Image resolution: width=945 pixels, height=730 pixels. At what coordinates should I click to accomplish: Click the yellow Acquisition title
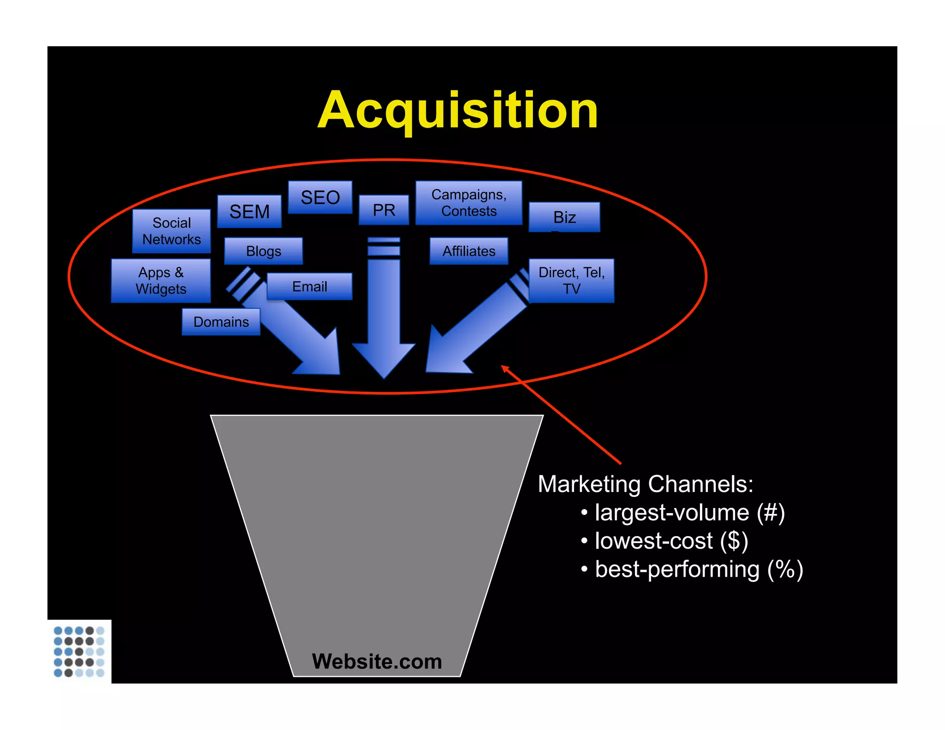pyautogui.click(x=458, y=111)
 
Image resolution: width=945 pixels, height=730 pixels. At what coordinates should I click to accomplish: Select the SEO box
pyautogui.click(x=320, y=197)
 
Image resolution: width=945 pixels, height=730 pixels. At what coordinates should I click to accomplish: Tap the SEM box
pyautogui.click(x=249, y=211)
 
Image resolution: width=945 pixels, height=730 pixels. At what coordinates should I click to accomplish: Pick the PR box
pyautogui.click(x=384, y=210)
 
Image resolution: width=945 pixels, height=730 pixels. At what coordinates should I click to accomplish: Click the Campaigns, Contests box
pyautogui.click(x=469, y=203)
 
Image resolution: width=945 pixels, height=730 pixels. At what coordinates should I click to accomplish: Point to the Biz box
pyautogui.click(x=564, y=217)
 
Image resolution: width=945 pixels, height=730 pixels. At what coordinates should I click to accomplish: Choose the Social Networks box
pyautogui.click(x=172, y=231)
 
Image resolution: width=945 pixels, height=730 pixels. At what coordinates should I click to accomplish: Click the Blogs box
pyautogui.click(x=263, y=251)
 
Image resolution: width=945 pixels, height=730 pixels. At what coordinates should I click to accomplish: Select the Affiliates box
pyautogui.click(x=469, y=251)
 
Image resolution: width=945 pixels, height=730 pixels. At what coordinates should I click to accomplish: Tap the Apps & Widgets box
pyautogui.click(x=161, y=281)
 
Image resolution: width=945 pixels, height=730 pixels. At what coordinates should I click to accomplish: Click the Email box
pyautogui.click(x=310, y=287)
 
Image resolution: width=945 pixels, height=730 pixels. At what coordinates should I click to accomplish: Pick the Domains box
pyautogui.click(x=221, y=322)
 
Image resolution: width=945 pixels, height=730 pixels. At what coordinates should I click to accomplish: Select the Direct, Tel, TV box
pyautogui.click(x=571, y=281)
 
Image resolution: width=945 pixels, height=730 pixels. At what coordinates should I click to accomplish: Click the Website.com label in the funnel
pyautogui.click(x=377, y=661)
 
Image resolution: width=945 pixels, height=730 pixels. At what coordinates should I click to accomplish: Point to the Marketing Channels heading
pyautogui.click(x=646, y=484)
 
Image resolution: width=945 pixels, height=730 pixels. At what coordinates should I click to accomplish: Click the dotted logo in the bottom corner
pyautogui.click(x=79, y=652)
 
